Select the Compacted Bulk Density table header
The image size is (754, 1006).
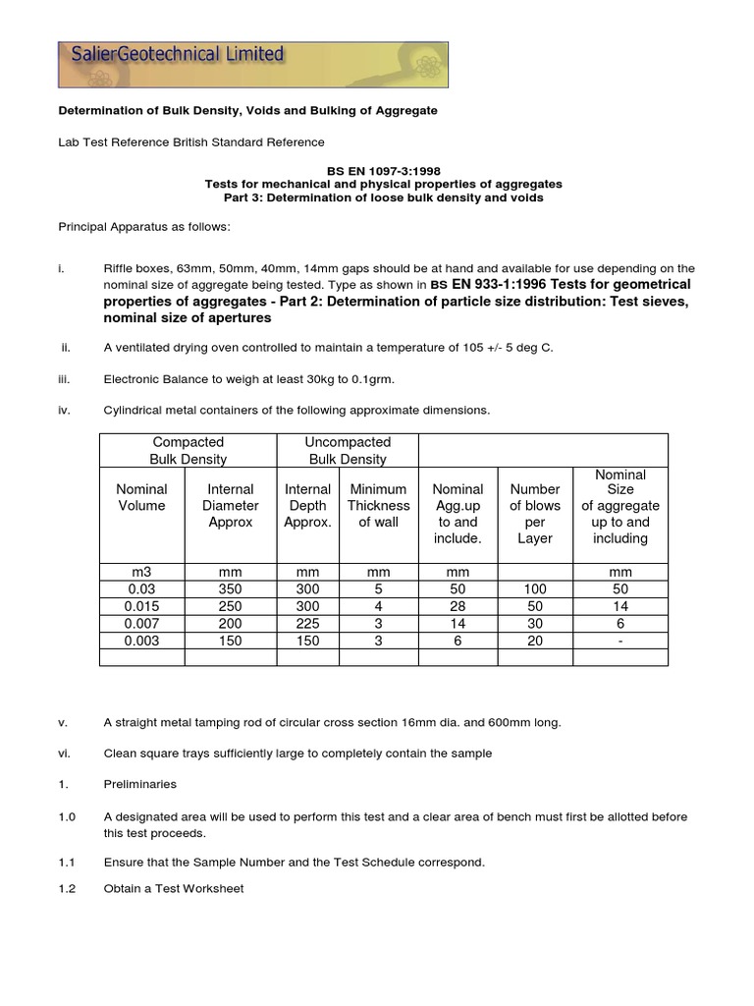[x=188, y=450]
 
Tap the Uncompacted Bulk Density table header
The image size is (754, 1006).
[x=348, y=450]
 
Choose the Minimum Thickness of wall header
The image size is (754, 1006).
[x=378, y=505]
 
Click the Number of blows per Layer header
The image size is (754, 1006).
[x=535, y=513]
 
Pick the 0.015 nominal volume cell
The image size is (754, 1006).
[x=142, y=607]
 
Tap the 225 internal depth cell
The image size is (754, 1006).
[x=307, y=624]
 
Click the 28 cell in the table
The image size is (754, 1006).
[x=458, y=607]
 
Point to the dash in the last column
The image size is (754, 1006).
[x=620, y=641]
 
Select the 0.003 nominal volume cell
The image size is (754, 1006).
[x=142, y=641]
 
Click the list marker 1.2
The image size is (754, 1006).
[x=66, y=889]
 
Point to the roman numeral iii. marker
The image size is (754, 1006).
[x=66, y=379]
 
